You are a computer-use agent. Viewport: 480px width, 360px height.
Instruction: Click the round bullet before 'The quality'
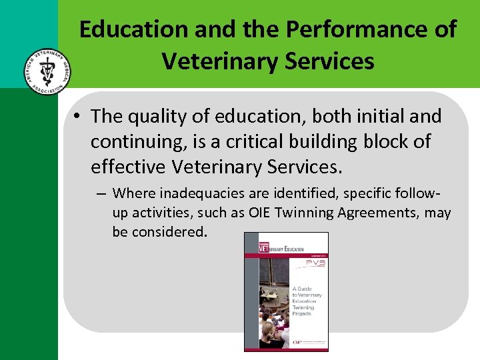(x=79, y=117)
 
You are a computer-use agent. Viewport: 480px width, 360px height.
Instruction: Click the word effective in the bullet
(x=131, y=167)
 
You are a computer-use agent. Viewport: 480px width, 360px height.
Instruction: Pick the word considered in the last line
(x=173, y=232)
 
